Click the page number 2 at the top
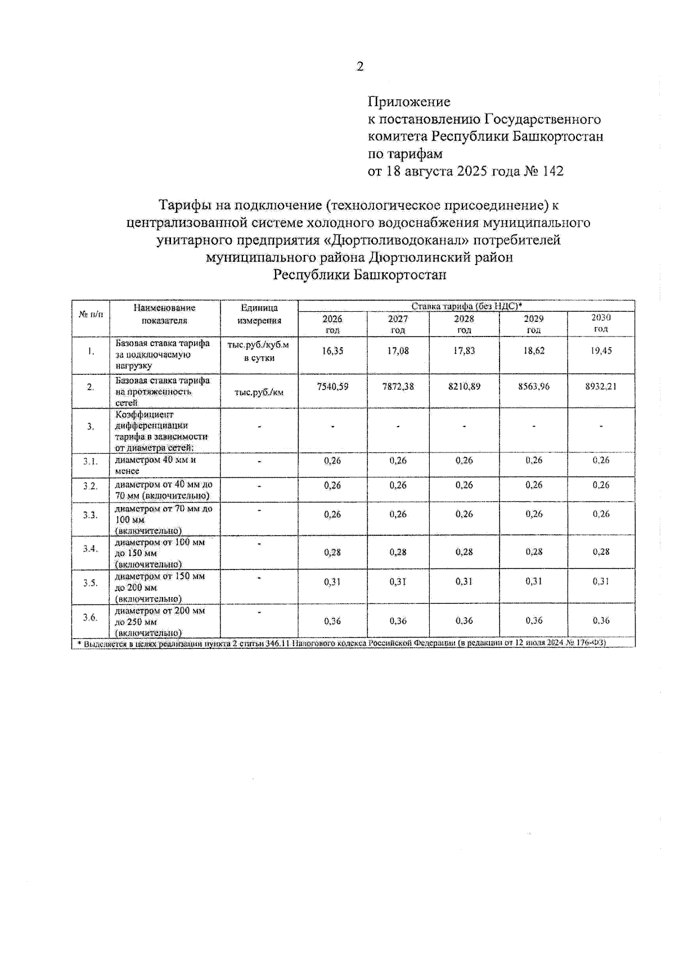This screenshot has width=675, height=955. (x=360, y=67)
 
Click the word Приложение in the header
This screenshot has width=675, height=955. (x=409, y=102)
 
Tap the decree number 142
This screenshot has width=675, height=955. (x=552, y=171)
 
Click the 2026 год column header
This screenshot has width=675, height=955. (x=332, y=324)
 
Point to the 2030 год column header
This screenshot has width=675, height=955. (x=601, y=323)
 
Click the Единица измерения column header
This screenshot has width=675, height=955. (x=259, y=314)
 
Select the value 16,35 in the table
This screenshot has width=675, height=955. (x=332, y=351)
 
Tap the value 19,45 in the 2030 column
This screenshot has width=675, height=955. (x=601, y=351)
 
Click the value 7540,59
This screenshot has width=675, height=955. (x=332, y=387)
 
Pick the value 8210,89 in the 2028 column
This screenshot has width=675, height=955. (x=464, y=387)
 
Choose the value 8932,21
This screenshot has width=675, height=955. (x=601, y=387)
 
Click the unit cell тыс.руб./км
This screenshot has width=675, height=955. (x=259, y=392)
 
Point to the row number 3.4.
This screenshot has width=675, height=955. (x=90, y=549)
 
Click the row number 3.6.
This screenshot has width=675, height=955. (x=90, y=617)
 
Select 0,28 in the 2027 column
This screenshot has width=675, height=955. (x=398, y=552)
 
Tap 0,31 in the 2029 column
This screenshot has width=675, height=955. (x=533, y=581)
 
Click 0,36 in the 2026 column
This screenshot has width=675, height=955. (x=332, y=621)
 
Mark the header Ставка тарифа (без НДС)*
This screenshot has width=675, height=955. (x=466, y=306)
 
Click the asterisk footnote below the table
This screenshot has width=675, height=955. (x=344, y=643)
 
